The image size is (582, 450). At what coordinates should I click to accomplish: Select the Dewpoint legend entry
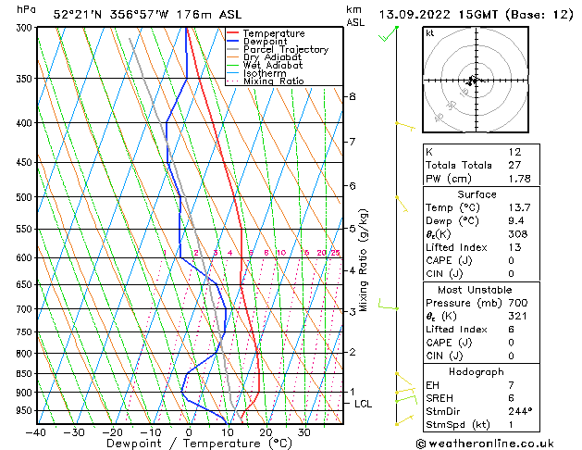point(264,42)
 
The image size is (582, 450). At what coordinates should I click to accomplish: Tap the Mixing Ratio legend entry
point(273,81)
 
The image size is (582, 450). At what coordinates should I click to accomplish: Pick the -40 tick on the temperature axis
point(36,432)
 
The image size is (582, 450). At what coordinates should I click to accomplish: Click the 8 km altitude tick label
point(352,96)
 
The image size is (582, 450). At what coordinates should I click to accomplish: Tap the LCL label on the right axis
point(364,404)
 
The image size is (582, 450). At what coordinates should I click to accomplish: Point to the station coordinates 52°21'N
point(79,15)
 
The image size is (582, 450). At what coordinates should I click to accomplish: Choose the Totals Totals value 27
point(515,166)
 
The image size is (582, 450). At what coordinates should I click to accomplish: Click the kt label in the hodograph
point(430,33)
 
